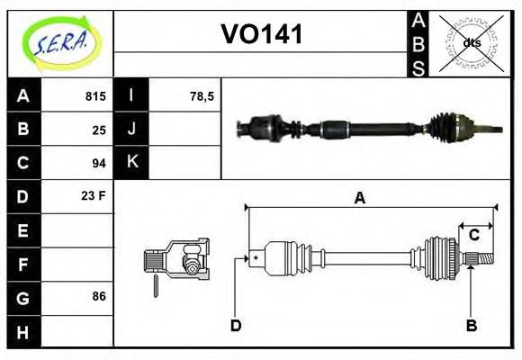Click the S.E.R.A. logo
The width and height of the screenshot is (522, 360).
[x=60, y=42]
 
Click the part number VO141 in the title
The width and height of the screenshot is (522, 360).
[x=262, y=34]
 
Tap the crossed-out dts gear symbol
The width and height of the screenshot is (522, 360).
[x=471, y=43]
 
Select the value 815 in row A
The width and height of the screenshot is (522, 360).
[x=95, y=96]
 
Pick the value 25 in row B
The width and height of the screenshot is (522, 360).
[x=99, y=130]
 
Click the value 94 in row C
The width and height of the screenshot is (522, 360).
[x=99, y=163]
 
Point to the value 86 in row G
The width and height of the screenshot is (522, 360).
[x=99, y=296]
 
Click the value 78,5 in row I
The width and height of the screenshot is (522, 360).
[x=202, y=96]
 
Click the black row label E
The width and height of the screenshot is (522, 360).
[x=23, y=230]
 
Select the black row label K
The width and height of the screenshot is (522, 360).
[x=132, y=163]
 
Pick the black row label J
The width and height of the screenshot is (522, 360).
[x=132, y=130]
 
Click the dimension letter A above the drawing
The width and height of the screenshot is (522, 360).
[x=359, y=199]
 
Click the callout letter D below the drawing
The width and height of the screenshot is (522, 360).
[x=236, y=325]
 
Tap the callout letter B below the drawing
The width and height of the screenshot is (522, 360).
[x=471, y=325]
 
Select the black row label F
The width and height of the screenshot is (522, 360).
[x=23, y=264]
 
